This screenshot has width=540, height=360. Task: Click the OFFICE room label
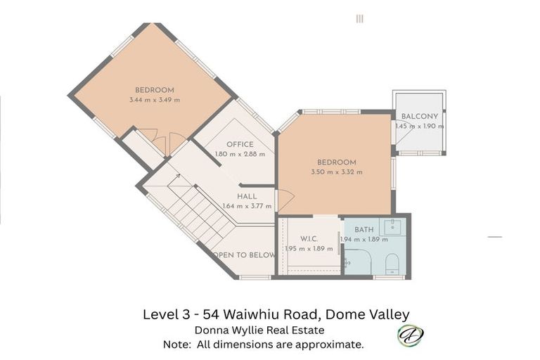[x=240, y=144]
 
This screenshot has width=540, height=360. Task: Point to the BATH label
[x=364, y=230]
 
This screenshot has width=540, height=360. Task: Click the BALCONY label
[x=419, y=117]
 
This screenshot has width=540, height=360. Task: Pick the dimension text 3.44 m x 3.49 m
[x=155, y=100]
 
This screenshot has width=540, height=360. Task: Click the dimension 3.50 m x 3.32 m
[x=337, y=172]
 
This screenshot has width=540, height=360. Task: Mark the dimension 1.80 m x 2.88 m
[x=240, y=154]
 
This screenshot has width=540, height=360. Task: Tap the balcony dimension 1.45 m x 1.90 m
[x=419, y=127]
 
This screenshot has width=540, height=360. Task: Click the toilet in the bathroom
[x=392, y=264]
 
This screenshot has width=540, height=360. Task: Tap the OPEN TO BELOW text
[x=243, y=255]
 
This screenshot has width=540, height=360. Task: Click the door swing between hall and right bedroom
[x=285, y=200]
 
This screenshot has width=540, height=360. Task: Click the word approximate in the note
[x=333, y=345]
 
